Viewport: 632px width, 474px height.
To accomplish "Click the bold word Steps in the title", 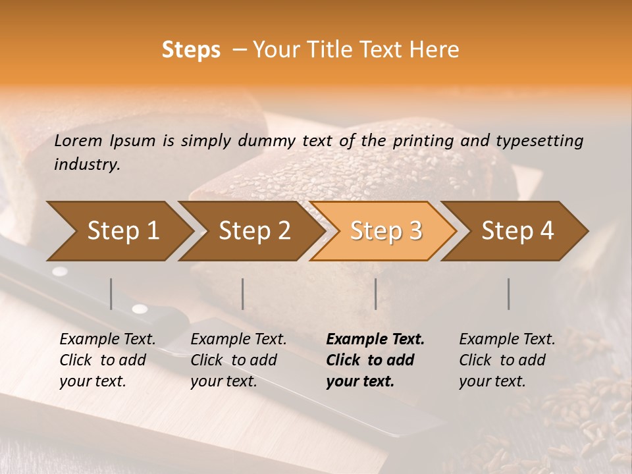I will pyautogui.click(x=191, y=50).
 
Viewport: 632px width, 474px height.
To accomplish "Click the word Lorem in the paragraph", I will pyautogui.click(x=78, y=140).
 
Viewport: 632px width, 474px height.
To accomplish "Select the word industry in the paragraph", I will pyautogui.click(x=86, y=165).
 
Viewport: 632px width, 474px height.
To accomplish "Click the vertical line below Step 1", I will pyautogui.click(x=111, y=294).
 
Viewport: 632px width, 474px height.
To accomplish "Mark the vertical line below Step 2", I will pyautogui.click(x=243, y=294).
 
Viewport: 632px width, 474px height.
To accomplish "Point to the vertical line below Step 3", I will pyautogui.click(x=375, y=294).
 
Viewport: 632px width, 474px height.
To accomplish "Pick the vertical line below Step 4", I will pyautogui.click(x=508, y=294).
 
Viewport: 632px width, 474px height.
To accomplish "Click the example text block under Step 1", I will pyautogui.click(x=107, y=360).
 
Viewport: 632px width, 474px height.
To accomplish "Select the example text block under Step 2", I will pyautogui.click(x=238, y=360).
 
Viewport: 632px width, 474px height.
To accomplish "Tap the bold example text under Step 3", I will pyautogui.click(x=375, y=360).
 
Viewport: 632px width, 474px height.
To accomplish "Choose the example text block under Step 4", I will pyautogui.click(x=507, y=360).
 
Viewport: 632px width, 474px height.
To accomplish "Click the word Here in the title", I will pyautogui.click(x=437, y=50).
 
